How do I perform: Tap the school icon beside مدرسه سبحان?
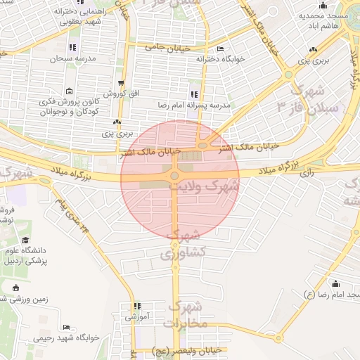72,47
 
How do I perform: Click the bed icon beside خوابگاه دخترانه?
221,49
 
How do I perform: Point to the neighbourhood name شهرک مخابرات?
185,314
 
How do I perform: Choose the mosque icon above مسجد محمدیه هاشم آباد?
323,5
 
